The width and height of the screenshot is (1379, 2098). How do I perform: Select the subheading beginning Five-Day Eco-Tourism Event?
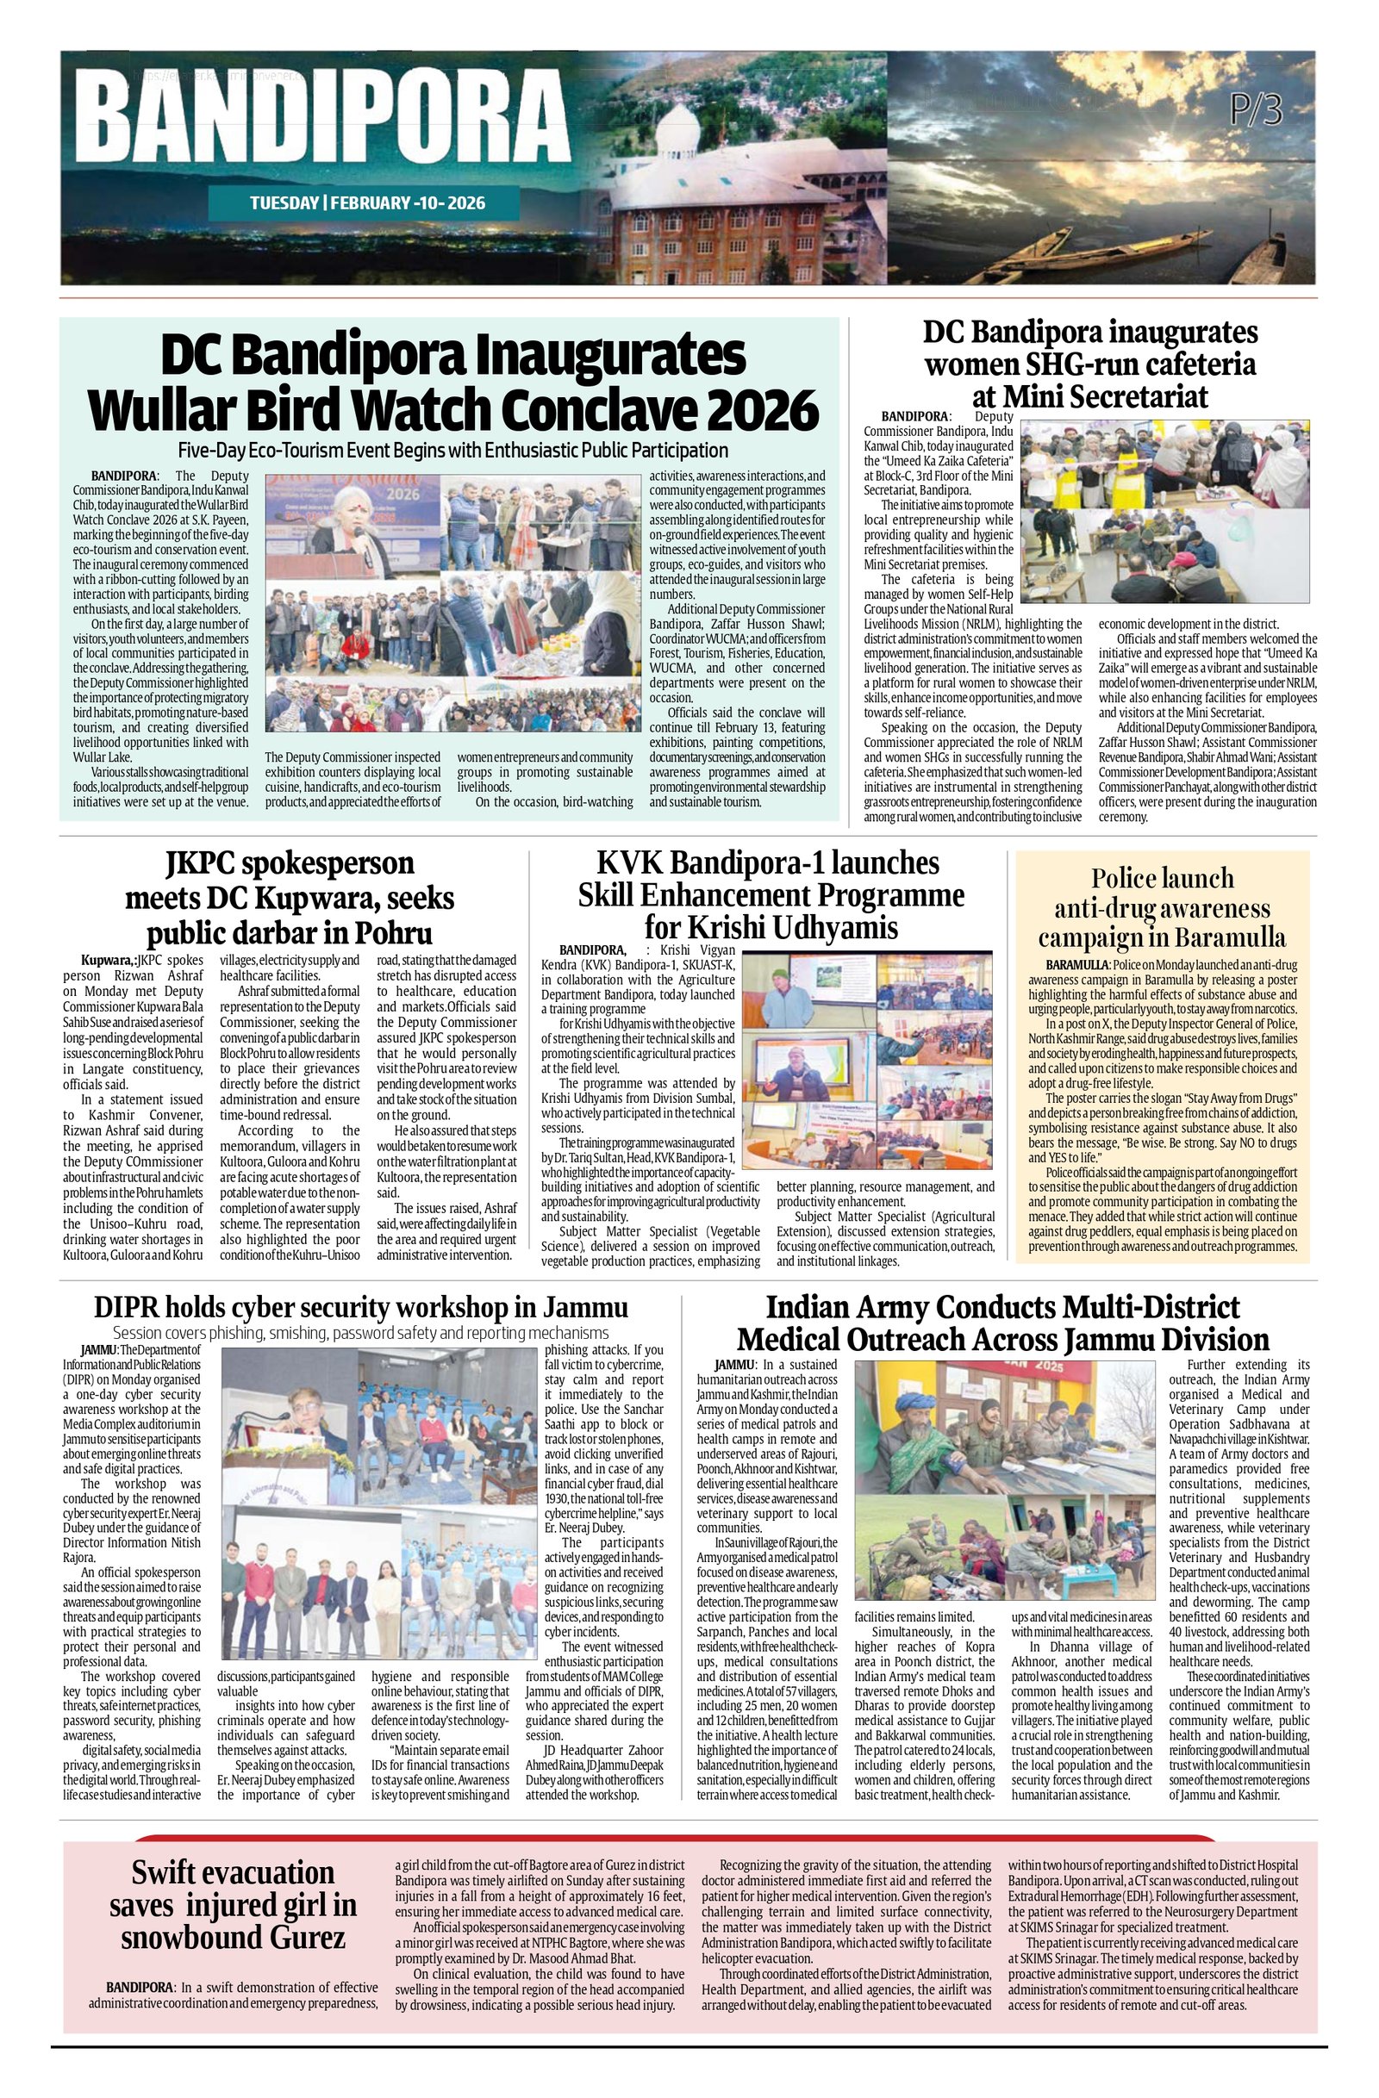coord(452,450)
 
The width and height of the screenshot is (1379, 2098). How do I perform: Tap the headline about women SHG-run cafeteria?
coord(1089,364)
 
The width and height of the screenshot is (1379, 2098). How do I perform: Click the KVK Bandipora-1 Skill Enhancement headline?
coord(771,894)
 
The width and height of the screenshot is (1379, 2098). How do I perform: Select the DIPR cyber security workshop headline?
coord(360,1306)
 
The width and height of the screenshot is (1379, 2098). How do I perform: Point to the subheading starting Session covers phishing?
coord(360,1332)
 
